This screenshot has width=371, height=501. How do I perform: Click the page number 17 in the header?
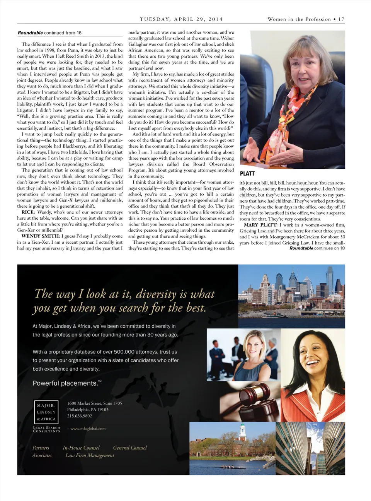pos(341,19)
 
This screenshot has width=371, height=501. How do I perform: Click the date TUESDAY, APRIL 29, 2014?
pos(181,19)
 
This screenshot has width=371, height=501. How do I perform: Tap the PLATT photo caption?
pos(247,173)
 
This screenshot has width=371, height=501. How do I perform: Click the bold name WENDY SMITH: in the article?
pos(40,236)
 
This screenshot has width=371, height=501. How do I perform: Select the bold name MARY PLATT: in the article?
pos(260,225)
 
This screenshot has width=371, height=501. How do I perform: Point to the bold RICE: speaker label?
pos(28,212)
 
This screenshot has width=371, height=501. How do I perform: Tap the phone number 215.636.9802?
pos(80,416)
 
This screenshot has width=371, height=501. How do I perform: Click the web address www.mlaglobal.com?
pos(88,429)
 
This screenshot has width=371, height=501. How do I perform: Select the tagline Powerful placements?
pos(67,383)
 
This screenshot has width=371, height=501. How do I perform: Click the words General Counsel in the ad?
pos(130,448)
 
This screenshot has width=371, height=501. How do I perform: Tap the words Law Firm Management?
pos(90,455)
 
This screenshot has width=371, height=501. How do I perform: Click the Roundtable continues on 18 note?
pos(317,248)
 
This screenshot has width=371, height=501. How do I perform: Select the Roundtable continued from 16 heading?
pos(49,33)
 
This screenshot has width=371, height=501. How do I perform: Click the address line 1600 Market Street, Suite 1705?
pos(95,403)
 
